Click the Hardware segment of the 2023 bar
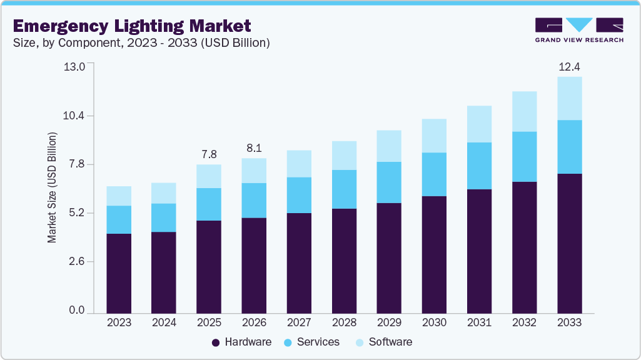pyautogui.click(x=119, y=273)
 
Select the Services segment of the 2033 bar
pyautogui.click(x=570, y=147)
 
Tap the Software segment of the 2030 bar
pyautogui.click(x=434, y=136)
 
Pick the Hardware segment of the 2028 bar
pyautogui.click(x=344, y=261)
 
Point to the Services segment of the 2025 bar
pyautogui.click(x=209, y=204)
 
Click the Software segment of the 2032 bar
pyautogui.click(x=525, y=111)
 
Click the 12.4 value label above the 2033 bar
pyautogui.click(x=570, y=67)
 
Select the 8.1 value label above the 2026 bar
pyautogui.click(x=255, y=148)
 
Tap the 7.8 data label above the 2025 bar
pyautogui.click(x=209, y=154)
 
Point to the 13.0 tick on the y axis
pyautogui.click(x=74, y=67)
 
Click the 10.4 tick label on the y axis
pyautogui.click(x=74, y=116)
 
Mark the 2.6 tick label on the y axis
pyautogui.click(x=77, y=261)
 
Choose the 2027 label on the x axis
pyautogui.click(x=300, y=322)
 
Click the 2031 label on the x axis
pyautogui.click(x=479, y=322)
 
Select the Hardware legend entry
pyautogui.click(x=241, y=342)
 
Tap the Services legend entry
pyautogui.click(x=312, y=342)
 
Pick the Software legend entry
pyautogui.click(x=384, y=342)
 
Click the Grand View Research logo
pyautogui.click(x=579, y=30)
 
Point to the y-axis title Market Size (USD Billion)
pyautogui.click(x=52, y=187)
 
